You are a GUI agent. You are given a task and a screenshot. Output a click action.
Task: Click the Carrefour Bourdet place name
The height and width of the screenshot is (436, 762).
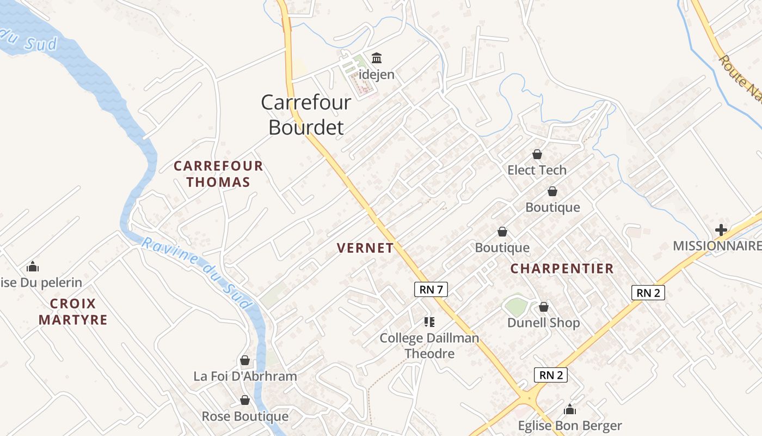tap(306, 114)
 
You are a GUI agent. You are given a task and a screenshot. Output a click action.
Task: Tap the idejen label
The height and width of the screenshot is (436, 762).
tap(377, 74)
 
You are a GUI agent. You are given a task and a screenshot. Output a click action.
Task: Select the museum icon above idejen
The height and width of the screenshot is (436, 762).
tap(377, 58)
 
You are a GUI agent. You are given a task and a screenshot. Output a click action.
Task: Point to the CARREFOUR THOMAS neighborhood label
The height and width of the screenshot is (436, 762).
tap(218, 174)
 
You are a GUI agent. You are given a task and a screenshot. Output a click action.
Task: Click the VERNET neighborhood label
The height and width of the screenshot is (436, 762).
tap(365, 248)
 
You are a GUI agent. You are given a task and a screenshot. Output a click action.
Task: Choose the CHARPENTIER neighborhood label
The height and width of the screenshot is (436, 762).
tap(562, 268)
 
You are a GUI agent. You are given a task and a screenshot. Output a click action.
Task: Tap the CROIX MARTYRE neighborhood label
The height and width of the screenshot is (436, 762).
tap(73, 311)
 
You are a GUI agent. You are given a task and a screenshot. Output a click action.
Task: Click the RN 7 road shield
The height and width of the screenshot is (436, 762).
tap(431, 289)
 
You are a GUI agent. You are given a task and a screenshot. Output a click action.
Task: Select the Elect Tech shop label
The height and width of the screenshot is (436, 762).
tap(537, 170)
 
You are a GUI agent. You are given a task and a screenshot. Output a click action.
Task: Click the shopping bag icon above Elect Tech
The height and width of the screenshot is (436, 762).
tap(537, 154)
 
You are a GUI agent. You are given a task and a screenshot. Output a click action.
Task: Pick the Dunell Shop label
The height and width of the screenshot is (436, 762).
tap(543, 323)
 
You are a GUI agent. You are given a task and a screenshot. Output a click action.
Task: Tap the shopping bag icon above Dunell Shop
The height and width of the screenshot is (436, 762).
tap(543, 307)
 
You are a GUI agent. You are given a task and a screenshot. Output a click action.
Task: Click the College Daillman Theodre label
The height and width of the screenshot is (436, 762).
tap(429, 346)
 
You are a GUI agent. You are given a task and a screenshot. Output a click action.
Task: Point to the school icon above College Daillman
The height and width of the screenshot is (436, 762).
tap(429, 322)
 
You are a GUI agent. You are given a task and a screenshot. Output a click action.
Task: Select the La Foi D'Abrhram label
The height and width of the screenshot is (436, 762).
tap(245, 376)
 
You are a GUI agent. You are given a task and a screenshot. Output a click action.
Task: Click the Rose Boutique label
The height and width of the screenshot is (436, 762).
tap(245, 416)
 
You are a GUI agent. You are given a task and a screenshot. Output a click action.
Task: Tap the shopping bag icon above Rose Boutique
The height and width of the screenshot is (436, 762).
tap(245, 401)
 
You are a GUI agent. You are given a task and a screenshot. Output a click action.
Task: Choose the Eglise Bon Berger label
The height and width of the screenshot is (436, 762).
tap(569, 426)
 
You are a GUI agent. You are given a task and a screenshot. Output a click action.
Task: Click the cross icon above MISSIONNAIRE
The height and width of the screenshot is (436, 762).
tap(721, 230)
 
